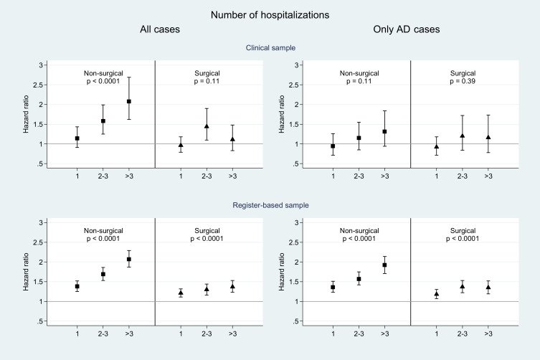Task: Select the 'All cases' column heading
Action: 159,30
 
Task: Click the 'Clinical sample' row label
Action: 270,47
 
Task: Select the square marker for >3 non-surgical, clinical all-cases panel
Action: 129,102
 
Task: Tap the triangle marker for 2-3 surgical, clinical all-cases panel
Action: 207,126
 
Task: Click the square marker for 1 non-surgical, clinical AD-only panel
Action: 332,146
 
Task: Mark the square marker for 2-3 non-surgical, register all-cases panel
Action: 103,274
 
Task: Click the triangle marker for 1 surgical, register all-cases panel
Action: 181,293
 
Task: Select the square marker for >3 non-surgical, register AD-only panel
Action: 384,265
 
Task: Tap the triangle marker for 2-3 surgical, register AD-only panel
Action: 463,286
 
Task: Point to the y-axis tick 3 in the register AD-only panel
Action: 293,222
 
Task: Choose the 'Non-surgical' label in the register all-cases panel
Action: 103,230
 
